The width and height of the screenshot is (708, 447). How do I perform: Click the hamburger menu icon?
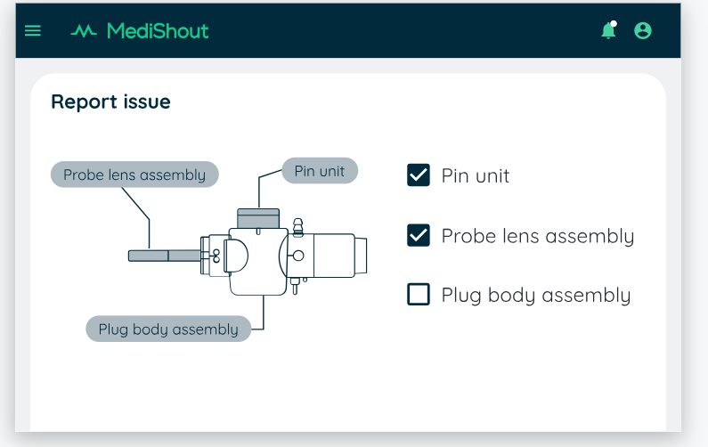tap(33, 31)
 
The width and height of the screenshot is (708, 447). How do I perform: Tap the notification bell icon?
tap(609, 31)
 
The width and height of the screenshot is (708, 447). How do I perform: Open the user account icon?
tap(642, 31)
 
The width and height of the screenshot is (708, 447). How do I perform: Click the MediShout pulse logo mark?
tap(84, 31)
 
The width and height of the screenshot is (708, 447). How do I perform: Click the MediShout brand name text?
tap(158, 31)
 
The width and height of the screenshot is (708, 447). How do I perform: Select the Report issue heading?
tap(110, 102)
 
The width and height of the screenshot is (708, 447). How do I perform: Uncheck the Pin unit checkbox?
tap(419, 175)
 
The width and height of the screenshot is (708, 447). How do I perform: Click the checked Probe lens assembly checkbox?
tap(419, 235)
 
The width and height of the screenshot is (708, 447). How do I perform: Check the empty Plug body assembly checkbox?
tap(419, 295)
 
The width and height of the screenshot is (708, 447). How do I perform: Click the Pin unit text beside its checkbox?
tap(476, 175)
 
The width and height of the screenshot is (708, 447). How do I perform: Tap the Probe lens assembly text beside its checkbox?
tap(538, 236)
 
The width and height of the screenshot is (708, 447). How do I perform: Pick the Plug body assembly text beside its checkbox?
tap(536, 296)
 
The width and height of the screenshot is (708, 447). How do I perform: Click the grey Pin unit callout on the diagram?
tap(320, 171)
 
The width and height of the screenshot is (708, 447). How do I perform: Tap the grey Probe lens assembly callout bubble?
tap(134, 175)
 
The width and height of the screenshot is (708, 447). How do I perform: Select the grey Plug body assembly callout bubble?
tap(168, 329)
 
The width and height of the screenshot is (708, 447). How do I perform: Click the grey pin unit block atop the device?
tap(258, 218)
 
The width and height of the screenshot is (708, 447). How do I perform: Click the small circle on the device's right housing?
tap(298, 256)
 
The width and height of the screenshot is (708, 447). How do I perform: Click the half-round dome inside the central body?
tap(236, 256)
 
